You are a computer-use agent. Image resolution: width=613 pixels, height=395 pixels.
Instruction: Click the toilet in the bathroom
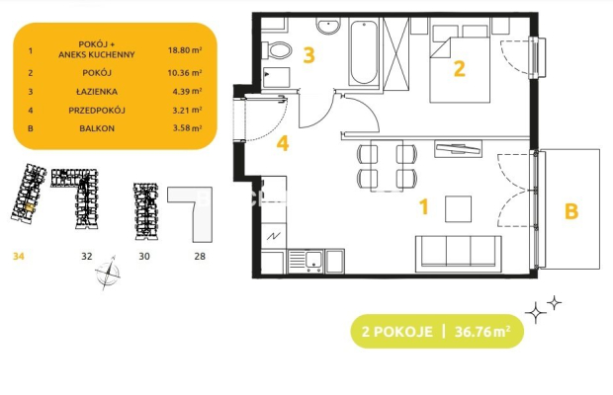pos(277,50)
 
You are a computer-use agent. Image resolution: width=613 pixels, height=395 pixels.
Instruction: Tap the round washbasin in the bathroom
pos(328,27)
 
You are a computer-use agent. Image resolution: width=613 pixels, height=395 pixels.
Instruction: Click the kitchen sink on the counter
pos(305,261)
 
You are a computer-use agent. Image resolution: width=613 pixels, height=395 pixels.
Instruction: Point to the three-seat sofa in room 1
pos(458,254)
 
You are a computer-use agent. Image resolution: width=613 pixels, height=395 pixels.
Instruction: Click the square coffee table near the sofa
pos(458,209)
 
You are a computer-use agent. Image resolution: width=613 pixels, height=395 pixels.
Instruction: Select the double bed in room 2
pos(460,63)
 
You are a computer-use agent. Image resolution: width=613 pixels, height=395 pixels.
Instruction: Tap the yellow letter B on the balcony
pos(571,211)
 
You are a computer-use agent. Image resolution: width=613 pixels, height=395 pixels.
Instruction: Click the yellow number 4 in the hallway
pos(282,143)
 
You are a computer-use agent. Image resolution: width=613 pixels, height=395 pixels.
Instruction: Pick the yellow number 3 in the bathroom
pos(308,55)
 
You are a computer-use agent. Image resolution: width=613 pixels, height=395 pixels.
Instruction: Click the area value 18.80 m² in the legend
pos(185,50)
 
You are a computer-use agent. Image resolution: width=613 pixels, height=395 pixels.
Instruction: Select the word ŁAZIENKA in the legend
pos(97,92)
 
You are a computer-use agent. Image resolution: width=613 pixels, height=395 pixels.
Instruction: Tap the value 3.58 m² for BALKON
pos(187,128)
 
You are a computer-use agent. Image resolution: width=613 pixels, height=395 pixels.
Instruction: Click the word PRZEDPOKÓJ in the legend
pos(97,110)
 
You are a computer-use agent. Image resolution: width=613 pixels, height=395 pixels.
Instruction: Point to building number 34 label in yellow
pos(19,256)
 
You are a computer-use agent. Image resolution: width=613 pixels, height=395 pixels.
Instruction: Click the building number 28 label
pos(200,256)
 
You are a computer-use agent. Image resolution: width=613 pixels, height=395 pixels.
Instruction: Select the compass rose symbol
pos(108,273)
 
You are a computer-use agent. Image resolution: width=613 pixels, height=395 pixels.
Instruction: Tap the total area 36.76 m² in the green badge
pos(482,332)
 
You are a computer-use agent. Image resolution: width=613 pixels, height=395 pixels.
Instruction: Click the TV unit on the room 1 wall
pos(458,148)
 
